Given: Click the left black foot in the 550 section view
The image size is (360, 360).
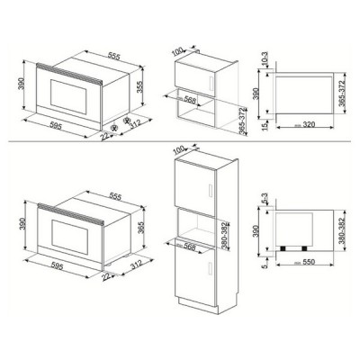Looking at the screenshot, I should [286, 246].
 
